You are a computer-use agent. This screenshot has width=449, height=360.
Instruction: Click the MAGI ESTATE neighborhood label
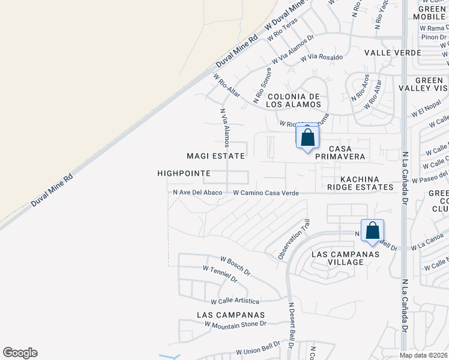[x=215, y=156]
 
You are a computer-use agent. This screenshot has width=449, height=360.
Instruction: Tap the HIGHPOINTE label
[x=184, y=173]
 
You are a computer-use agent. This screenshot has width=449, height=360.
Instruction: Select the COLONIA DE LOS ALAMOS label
[x=295, y=100]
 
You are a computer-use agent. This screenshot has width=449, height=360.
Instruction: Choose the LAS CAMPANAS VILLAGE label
[x=346, y=258]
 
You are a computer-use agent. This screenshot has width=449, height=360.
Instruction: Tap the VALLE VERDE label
[x=393, y=53]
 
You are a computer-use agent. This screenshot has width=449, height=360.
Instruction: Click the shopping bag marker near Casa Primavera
[x=307, y=137]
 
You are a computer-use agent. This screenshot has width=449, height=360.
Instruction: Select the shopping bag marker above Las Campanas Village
[x=372, y=230]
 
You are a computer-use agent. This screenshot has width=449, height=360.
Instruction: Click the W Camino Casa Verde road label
[x=266, y=193]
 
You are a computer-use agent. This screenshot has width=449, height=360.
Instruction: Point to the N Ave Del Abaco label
[x=197, y=193]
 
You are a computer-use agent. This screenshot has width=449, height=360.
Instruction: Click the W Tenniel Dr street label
[x=220, y=274]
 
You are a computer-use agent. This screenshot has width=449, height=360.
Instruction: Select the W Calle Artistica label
[x=235, y=301]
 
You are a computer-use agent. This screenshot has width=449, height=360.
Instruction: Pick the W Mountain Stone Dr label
[x=235, y=324]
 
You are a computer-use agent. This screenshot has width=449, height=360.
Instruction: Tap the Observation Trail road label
[x=294, y=239]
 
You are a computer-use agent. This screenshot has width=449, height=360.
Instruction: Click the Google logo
[x=20, y=353]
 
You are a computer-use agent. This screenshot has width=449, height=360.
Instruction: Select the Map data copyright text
[x=423, y=355]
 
